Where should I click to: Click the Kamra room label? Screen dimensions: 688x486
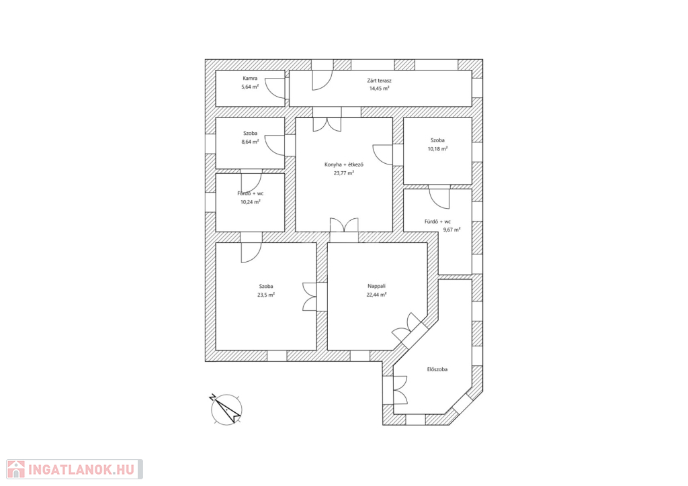250,79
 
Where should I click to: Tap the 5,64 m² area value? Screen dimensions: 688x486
250,87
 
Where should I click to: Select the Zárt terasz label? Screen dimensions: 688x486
379,81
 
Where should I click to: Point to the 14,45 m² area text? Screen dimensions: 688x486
379,88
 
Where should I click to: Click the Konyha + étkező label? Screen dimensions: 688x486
344,164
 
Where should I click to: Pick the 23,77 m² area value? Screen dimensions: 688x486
344,173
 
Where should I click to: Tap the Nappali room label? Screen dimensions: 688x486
376,286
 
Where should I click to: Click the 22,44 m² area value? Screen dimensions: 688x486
376,295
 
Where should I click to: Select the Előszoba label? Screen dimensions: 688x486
437,369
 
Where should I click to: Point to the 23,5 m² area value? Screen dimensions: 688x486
266,295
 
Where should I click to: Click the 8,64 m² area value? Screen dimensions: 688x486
250,142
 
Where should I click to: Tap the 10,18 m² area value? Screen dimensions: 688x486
437,148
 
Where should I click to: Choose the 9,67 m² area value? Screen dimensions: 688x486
451,230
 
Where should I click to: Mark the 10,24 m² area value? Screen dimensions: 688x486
250,202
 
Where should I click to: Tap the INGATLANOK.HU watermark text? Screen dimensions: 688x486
81,470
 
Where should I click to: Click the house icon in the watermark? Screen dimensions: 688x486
16,469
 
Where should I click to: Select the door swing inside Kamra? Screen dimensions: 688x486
275,88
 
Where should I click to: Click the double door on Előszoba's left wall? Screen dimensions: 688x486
400,390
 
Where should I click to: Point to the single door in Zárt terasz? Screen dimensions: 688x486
322,80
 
